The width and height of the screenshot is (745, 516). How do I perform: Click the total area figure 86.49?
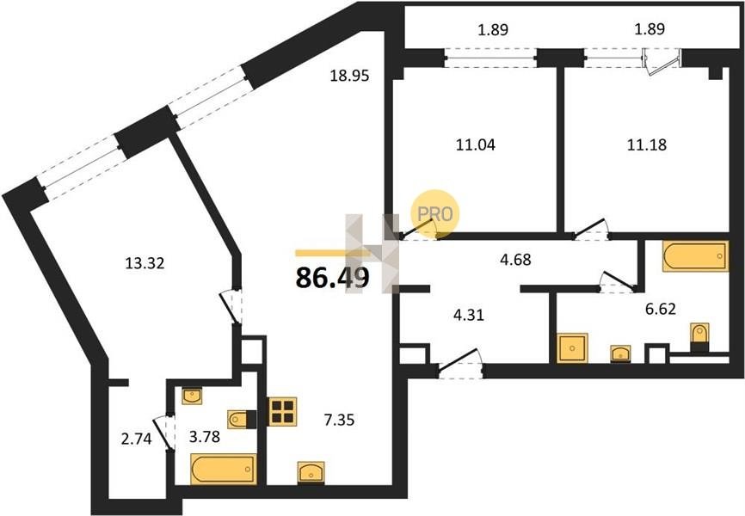click(332, 278)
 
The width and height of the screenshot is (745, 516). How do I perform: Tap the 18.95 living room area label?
click(349, 76)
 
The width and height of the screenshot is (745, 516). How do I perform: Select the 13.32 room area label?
click(145, 263)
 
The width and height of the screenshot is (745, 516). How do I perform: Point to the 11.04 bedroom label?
click(476, 144)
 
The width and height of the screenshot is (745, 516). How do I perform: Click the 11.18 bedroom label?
click(647, 144)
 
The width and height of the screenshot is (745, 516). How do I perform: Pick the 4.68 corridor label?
click(515, 260)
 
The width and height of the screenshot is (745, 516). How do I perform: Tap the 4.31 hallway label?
click(469, 315)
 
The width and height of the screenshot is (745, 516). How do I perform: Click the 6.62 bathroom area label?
click(661, 310)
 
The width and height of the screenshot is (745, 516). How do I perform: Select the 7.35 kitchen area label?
click(339, 420)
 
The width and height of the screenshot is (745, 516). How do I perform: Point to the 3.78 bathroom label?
click(204, 436)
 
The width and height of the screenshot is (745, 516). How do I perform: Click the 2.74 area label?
click(137, 439)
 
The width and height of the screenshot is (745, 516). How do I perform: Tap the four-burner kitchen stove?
click(283, 411)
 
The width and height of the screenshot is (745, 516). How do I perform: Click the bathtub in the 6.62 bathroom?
click(696, 256)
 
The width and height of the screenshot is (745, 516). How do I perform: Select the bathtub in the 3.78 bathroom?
click(224, 469)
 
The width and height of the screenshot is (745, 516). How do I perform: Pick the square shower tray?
click(573, 347)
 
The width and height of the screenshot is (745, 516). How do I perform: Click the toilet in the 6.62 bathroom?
click(699, 336)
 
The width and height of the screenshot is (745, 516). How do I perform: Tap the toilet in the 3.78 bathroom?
click(242, 420)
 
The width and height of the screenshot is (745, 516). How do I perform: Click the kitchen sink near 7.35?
click(311, 472)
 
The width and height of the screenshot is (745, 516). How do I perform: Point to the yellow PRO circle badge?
click(435, 214)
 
